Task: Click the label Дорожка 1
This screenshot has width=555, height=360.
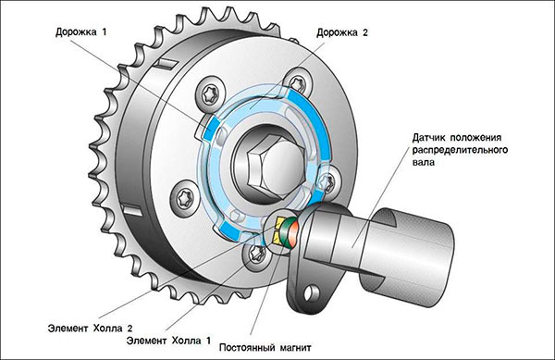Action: (80, 31)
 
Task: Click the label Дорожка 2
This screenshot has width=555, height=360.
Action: (342, 32)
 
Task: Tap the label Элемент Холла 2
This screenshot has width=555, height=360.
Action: (90, 329)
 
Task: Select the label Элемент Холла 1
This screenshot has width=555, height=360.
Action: (168, 341)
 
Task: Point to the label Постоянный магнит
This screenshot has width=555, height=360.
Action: (265, 348)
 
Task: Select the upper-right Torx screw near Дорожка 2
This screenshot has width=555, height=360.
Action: (299, 82)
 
